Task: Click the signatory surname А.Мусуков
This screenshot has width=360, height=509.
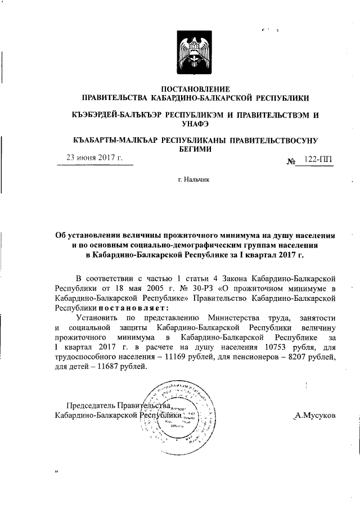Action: [x=315, y=415]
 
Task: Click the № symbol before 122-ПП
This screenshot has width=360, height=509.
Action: [x=291, y=161]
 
